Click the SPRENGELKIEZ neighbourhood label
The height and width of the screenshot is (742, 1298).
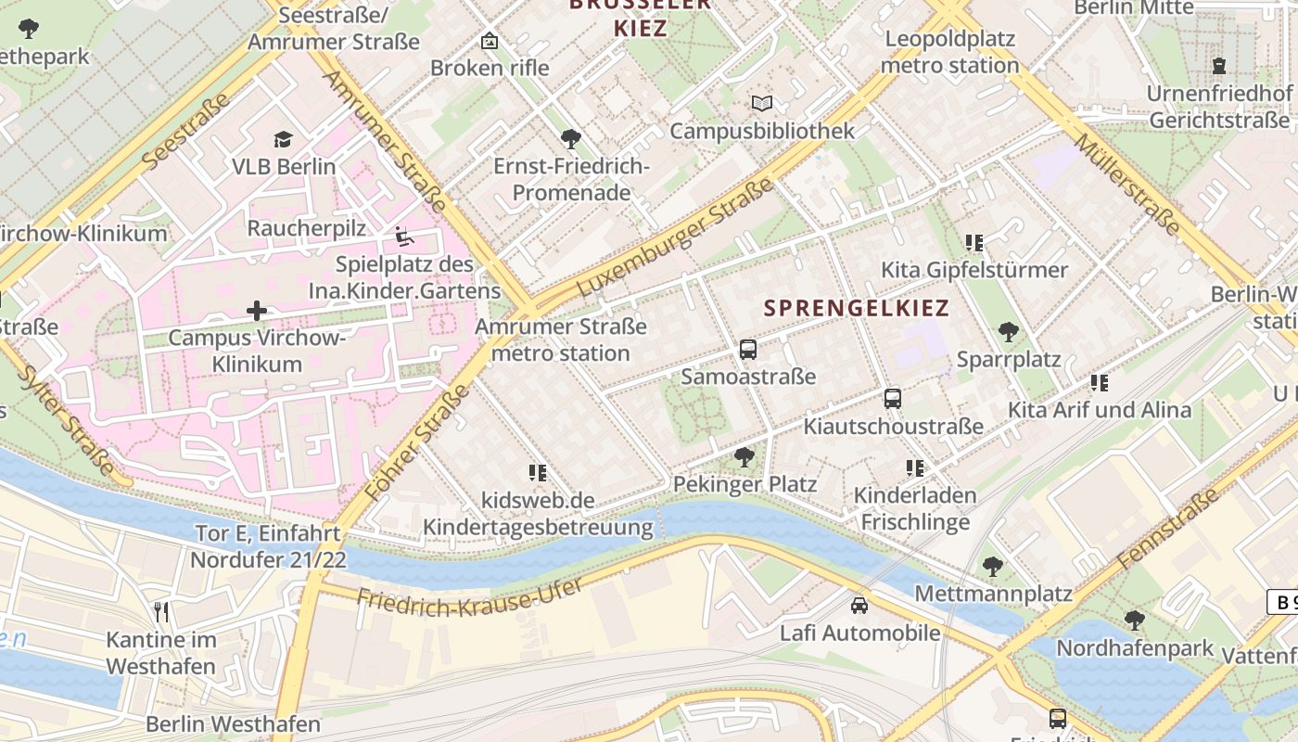[857, 308]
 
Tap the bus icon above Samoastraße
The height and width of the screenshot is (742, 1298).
[748, 350]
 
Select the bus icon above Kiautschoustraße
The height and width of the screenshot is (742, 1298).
[892, 399]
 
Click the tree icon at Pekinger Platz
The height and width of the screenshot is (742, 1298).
[744, 456]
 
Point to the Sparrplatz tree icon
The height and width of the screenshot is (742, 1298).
[1009, 331]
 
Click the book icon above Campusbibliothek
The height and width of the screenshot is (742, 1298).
[762, 103]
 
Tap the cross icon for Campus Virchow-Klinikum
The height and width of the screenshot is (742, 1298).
[257, 310]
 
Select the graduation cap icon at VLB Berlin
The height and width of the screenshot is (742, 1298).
[283, 139]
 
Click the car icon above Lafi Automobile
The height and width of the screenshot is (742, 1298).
[859, 606]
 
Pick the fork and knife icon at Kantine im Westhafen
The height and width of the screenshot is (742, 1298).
[162, 612]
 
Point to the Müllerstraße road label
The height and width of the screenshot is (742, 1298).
[1127, 183]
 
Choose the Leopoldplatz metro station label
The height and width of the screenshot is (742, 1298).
[950, 52]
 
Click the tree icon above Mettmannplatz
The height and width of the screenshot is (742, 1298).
[993, 565]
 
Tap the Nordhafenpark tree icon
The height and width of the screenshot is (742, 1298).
[1134, 620]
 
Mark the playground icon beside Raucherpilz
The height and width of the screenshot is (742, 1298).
[404, 237]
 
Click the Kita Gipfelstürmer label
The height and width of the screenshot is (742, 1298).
[974, 270]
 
